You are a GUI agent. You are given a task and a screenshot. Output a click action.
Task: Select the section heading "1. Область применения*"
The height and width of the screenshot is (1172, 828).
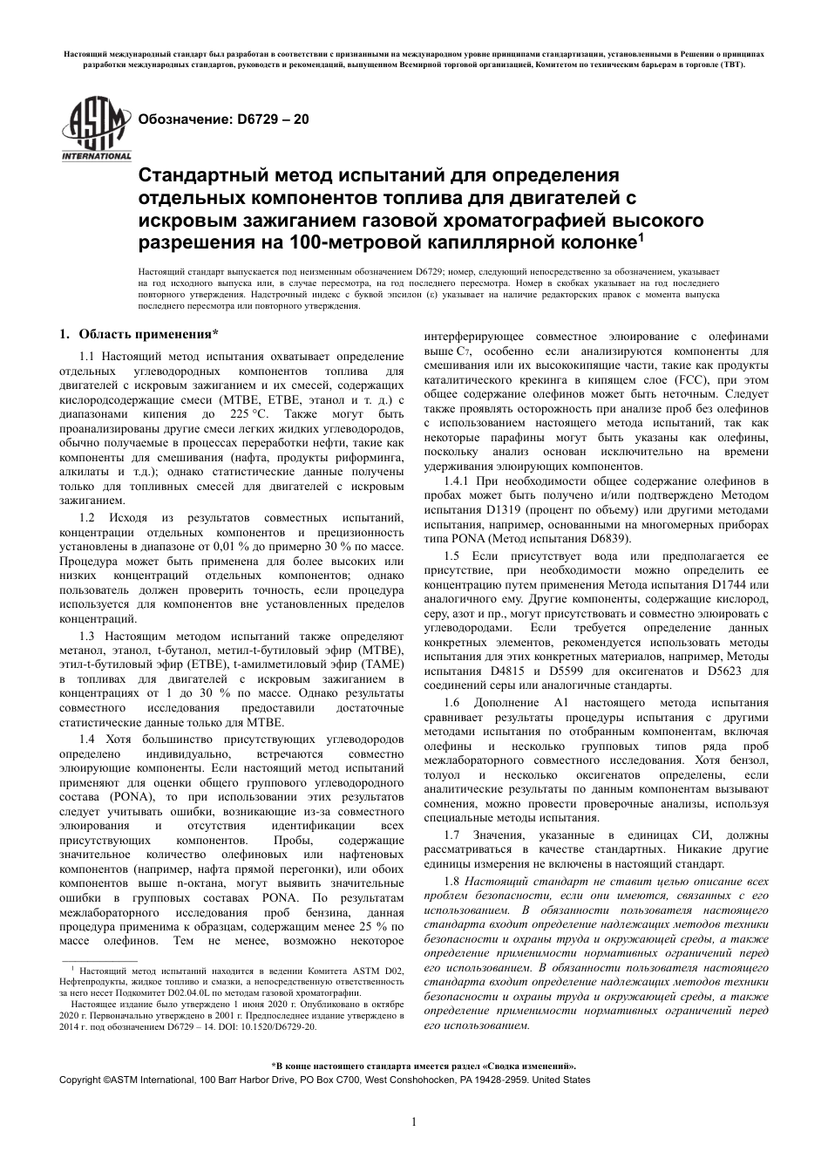(138, 333)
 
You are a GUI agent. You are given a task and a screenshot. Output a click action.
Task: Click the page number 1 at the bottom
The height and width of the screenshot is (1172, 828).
(414, 1121)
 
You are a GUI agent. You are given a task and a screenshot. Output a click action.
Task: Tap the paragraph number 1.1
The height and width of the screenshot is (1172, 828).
(87, 356)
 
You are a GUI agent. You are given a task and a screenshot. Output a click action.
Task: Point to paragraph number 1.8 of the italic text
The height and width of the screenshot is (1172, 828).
(453, 882)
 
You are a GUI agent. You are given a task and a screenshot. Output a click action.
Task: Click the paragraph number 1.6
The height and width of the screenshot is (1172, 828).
(451, 702)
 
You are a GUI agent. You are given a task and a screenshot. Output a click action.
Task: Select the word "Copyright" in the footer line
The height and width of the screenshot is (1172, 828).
(81, 1080)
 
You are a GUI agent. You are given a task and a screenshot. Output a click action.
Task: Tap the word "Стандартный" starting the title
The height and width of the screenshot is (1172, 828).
(196, 174)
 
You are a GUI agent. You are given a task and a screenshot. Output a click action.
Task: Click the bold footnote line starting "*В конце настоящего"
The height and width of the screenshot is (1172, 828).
(413, 1066)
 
